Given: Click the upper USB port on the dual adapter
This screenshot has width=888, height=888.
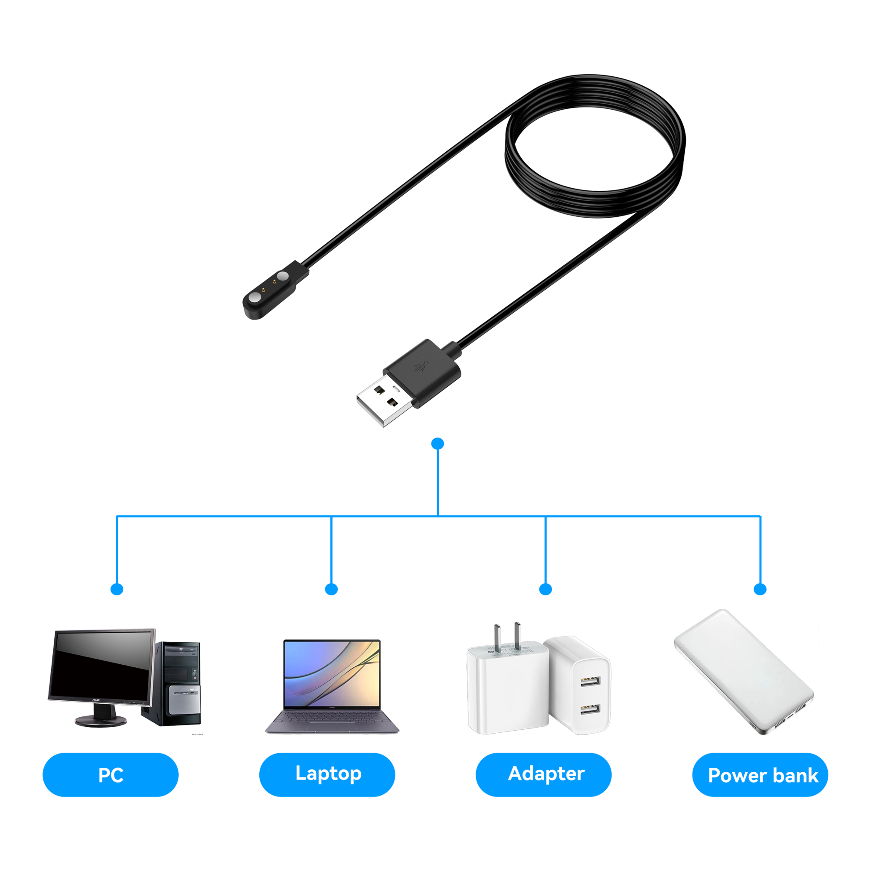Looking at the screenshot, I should click(590, 681).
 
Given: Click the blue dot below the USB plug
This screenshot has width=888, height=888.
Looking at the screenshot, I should click(438, 444).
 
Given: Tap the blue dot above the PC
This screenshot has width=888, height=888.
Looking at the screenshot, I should click(117, 589).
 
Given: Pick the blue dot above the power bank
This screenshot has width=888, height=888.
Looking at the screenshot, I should click(761, 589).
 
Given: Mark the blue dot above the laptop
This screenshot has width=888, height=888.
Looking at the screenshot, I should click(331, 589).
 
